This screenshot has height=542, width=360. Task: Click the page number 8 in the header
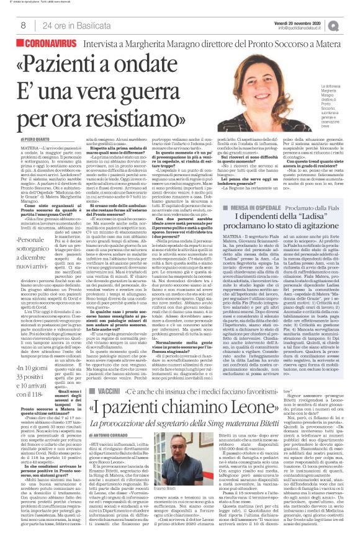23,25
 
